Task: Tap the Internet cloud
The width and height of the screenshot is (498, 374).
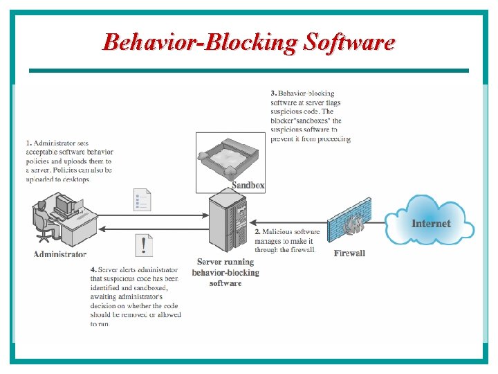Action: pos(430,222)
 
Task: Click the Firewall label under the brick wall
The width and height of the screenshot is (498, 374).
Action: pos(349,253)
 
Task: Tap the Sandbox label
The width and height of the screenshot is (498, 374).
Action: pos(248,185)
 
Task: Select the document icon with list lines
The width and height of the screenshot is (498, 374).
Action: pos(142,200)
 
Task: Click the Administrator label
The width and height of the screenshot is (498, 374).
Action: pos(60,254)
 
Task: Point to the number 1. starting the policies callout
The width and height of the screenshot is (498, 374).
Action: pos(28,143)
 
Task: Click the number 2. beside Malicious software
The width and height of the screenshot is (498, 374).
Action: pos(258,232)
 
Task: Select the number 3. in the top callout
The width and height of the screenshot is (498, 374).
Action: pos(274,93)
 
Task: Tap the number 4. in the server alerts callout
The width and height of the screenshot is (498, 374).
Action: pos(93,269)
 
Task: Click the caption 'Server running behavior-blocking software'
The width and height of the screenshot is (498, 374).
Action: pos(225,272)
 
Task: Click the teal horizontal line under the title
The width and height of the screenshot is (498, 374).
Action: pos(248,70)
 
